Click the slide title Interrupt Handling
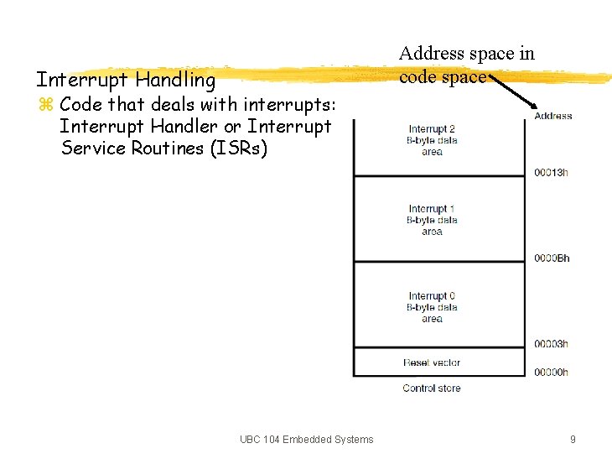pos(125,81)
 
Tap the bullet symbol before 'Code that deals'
pos(45,106)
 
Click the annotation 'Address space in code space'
pos(466,65)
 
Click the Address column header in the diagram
pos(553,117)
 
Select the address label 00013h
pos(551,173)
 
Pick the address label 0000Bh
pos(551,258)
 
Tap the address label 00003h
pos(551,343)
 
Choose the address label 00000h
pos(551,372)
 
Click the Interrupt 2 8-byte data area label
pos(432,140)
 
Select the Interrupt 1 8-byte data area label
pos(432,220)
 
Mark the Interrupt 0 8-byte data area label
pos(432,307)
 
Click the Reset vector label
pos(432,363)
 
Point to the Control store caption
pos(432,389)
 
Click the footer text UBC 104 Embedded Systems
pos(306,440)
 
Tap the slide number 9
pos(573,440)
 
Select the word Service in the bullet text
pos(92,149)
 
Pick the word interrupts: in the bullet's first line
pos(289,105)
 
